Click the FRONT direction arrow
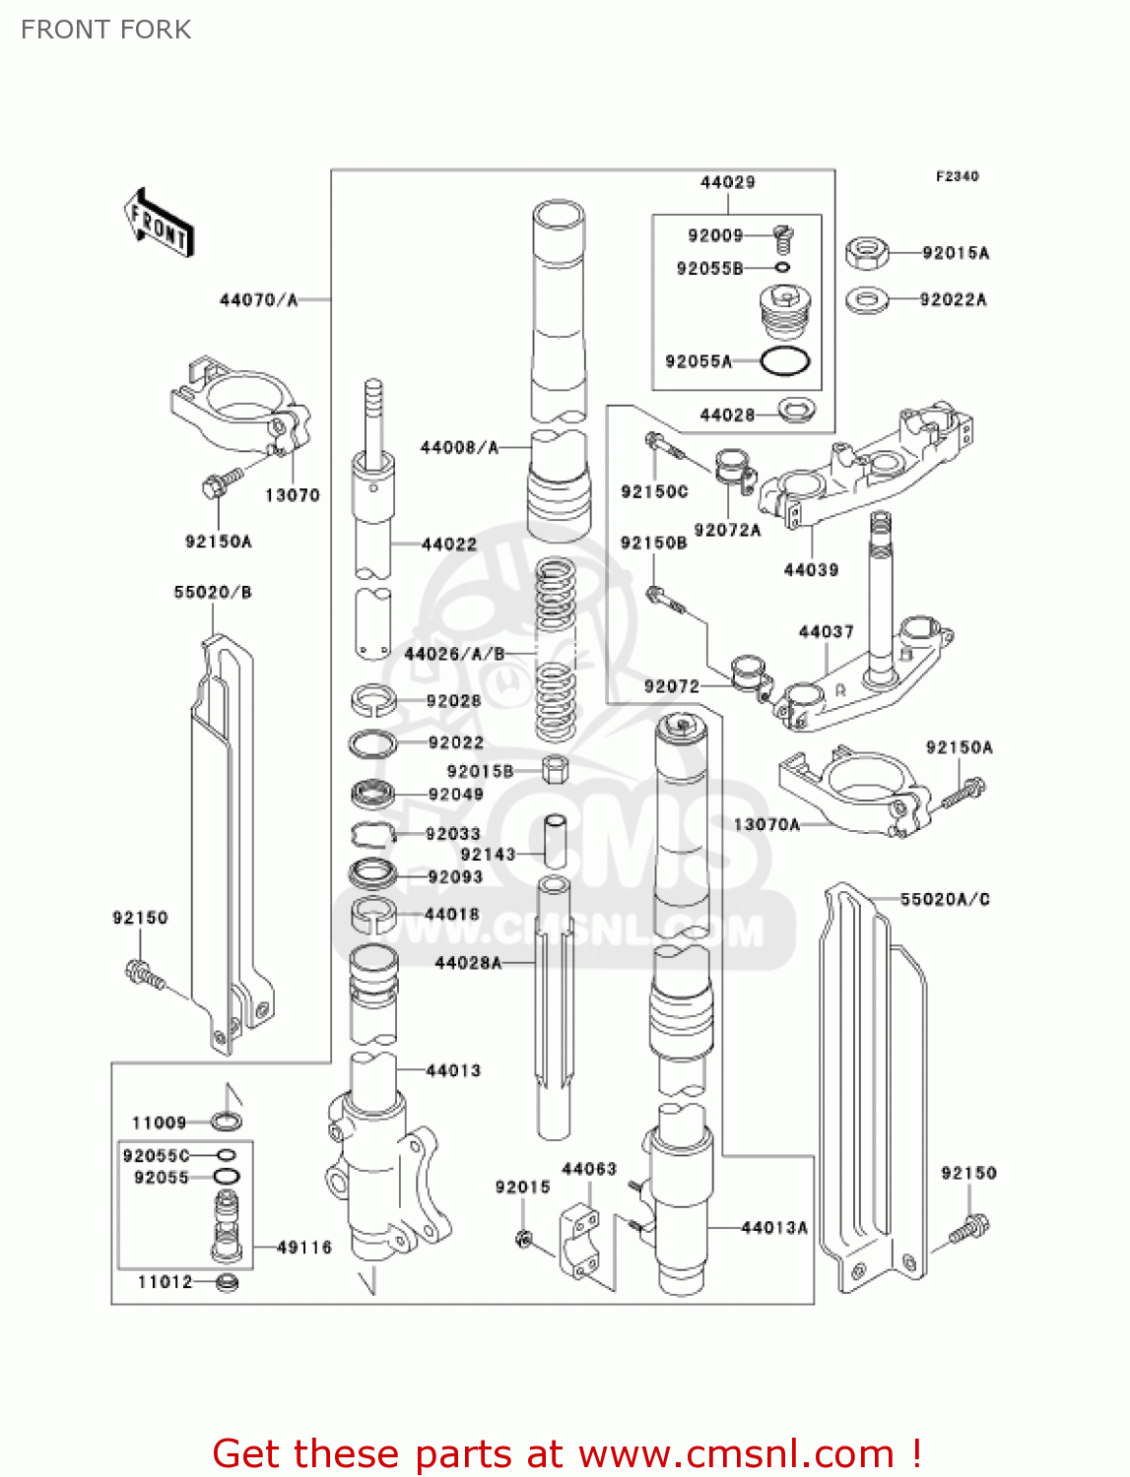click(159, 224)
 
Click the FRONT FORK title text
click(105, 30)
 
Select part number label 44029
click(727, 182)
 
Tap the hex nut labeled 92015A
click(867, 253)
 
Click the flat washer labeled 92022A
click(867, 298)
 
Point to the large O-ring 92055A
click(785, 361)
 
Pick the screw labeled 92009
click(783, 236)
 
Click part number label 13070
click(292, 495)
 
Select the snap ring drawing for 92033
click(372, 834)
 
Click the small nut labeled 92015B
click(555, 769)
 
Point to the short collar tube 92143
click(555, 839)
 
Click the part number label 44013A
click(774, 1227)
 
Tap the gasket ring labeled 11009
click(227, 1122)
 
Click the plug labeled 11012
click(227, 1282)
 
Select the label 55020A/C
click(944, 899)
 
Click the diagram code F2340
click(957, 176)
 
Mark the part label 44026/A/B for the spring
click(454, 654)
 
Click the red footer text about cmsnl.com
click(566, 1453)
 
